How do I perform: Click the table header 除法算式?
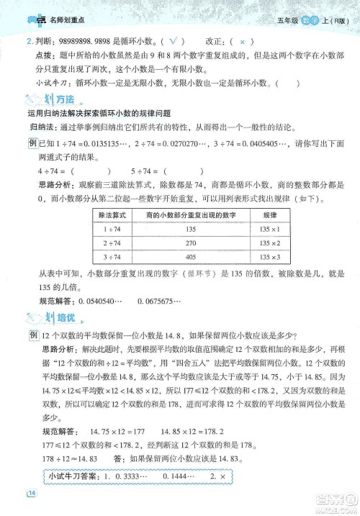[112, 215]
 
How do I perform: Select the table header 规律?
[270, 215]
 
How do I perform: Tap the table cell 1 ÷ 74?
[112, 230]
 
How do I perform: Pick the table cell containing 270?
[191, 243]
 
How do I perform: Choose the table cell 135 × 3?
[270, 257]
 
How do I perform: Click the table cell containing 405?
[191, 257]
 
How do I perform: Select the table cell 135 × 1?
[270, 230]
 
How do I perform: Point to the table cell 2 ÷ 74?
[112, 243]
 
